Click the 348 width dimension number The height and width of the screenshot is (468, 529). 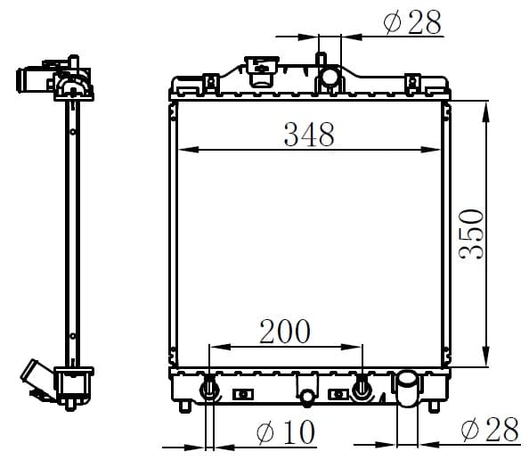(309, 135)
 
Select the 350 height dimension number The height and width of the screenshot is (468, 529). (471, 234)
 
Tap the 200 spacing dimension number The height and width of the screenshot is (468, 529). (285, 332)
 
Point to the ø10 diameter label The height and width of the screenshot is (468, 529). (285, 431)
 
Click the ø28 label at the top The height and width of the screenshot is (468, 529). (412, 22)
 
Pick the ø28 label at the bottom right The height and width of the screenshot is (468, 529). (490, 429)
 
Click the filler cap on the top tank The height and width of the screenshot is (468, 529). (262, 71)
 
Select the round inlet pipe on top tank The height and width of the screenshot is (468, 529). (330, 76)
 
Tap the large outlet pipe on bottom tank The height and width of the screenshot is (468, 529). (408, 388)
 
